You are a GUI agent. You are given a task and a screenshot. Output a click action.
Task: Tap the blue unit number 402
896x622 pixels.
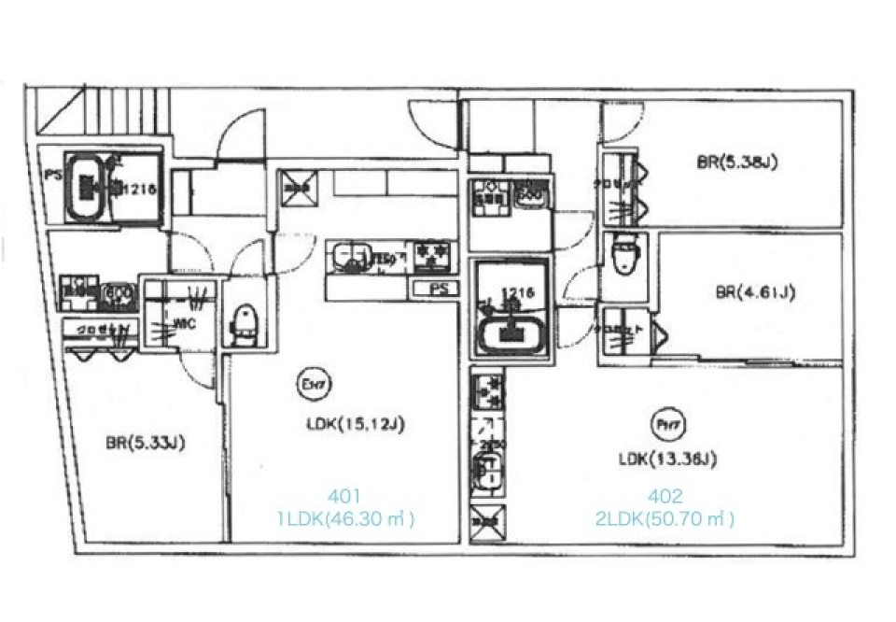tap(665, 496)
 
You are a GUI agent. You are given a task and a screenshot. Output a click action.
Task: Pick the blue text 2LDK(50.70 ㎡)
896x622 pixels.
tap(665, 518)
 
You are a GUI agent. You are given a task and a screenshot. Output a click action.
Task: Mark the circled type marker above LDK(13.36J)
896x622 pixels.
tap(664, 426)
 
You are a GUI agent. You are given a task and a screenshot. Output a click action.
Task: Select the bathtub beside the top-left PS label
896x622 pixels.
tap(89, 187)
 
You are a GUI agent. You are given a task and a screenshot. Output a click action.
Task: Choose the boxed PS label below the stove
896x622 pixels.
tap(435, 290)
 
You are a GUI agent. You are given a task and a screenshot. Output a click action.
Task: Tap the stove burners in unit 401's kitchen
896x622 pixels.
tap(432, 254)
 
